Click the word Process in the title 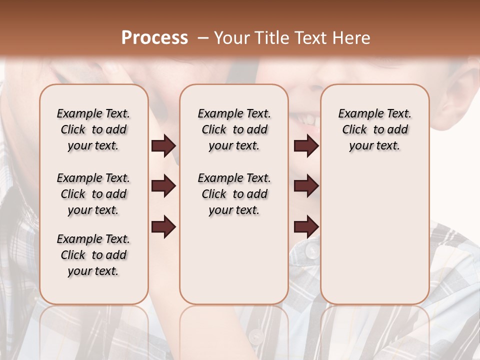coord(154,38)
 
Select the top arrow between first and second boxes coord(163,146)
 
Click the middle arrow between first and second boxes coord(163,186)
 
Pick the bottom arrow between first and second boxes coord(163,226)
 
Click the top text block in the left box coord(93,129)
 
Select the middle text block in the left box coord(93,194)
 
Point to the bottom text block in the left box coord(93,255)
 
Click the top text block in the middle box coord(234,129)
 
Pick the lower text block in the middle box coord(234,194)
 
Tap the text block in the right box coord(375,129)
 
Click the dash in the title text coord(203,38)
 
